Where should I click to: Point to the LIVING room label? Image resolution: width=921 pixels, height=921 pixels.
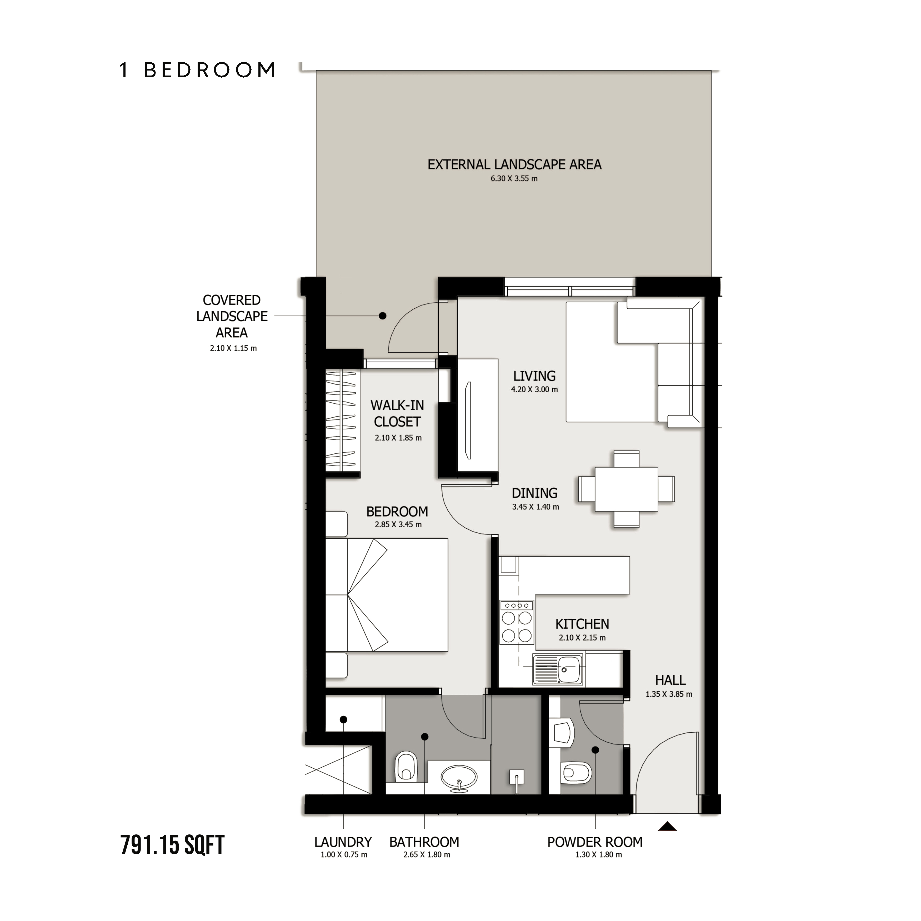[x=534, y=376]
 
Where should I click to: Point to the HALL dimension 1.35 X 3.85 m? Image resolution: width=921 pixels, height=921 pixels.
[x=669, y=694]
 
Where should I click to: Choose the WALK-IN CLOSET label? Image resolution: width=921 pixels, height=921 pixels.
[x=397, y=413]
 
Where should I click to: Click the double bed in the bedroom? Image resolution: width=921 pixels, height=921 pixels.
[x=387, y=594]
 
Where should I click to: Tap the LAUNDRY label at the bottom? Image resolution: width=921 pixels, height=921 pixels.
[x=343, y=842]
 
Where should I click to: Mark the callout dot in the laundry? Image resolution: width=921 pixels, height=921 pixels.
[x=343, y=719]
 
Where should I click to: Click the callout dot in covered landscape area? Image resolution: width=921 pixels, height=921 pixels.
[x=382, y=316]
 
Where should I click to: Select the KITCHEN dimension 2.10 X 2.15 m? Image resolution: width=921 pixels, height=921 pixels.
[x=582, y=637]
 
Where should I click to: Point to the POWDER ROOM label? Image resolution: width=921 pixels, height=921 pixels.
[x=595, y=842]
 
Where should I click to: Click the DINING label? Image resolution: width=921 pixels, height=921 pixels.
[x=534, y=493]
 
